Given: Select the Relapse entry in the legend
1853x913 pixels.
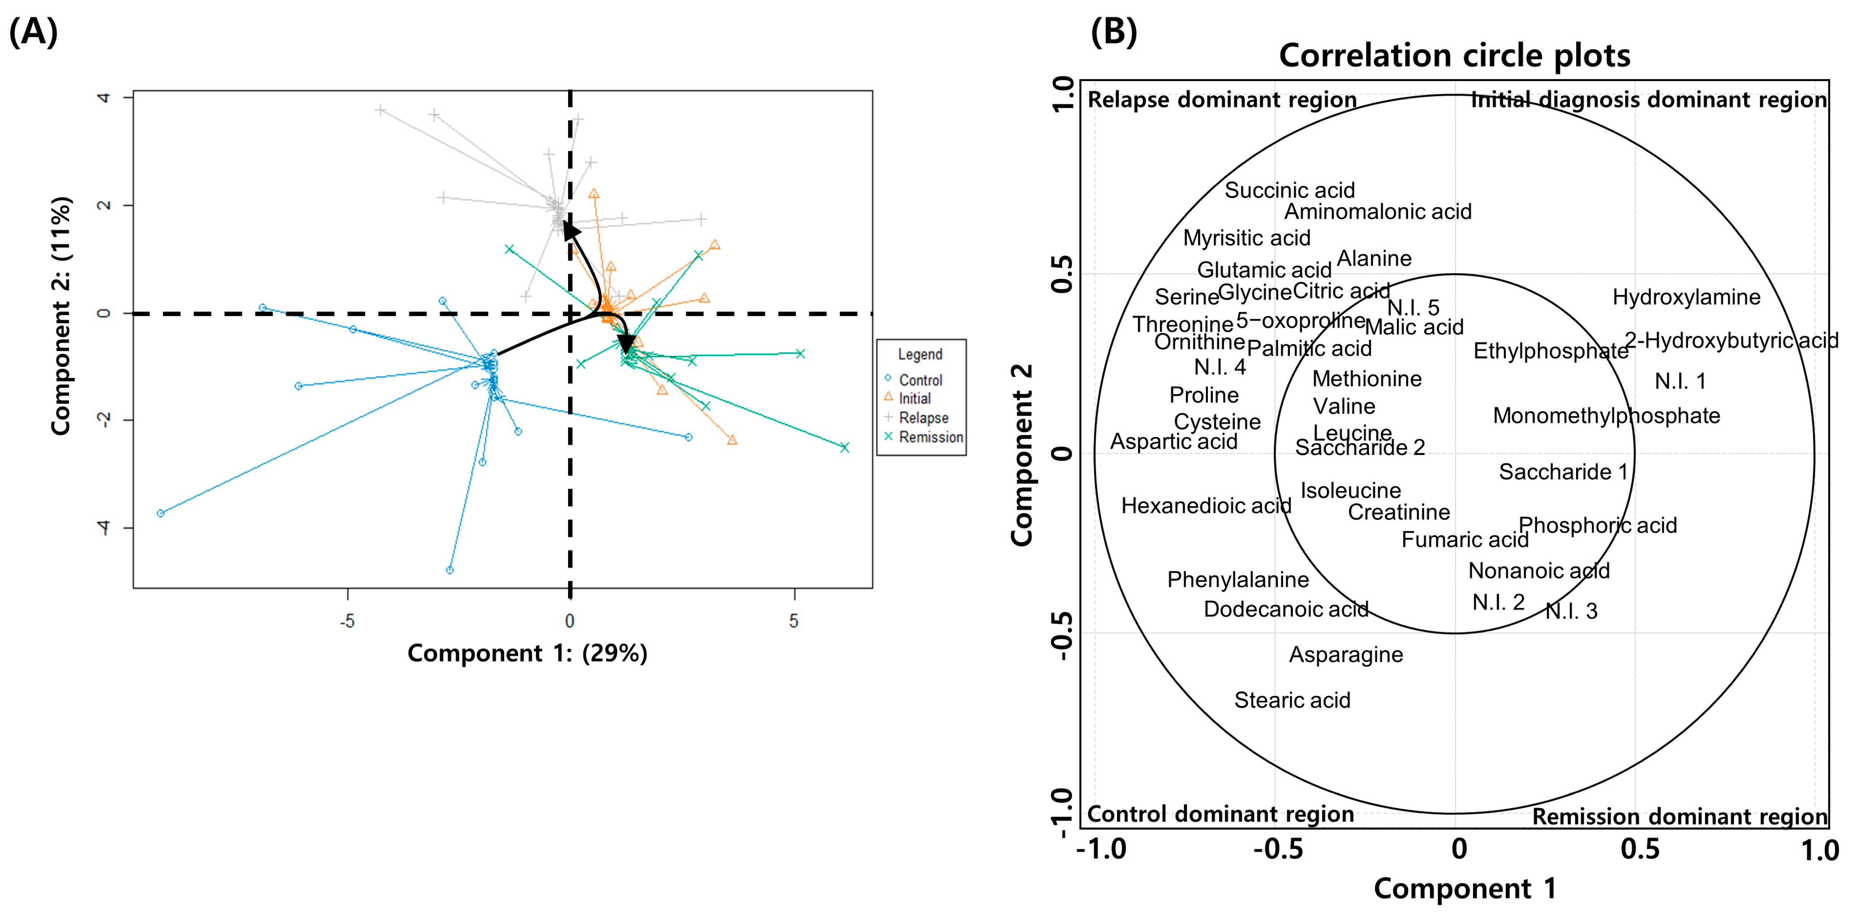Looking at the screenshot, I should tap(923, 418).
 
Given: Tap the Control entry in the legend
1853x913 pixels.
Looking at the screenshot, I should tap(920, 380).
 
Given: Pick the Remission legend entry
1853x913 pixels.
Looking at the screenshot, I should tap(930, 437).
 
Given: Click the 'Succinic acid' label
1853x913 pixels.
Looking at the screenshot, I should tap(1289, 190).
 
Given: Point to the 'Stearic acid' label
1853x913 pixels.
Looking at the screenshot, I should tap(1292, 700).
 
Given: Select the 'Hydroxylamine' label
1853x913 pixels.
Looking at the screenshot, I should tap(1685, 297).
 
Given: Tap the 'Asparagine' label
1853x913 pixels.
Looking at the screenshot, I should tap(1345, 655).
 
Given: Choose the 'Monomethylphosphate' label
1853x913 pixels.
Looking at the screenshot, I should tap(1606, 416).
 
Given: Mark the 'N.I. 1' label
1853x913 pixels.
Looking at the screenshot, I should tap(1680, 381).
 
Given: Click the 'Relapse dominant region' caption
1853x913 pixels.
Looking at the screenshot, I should tap(1221, 100).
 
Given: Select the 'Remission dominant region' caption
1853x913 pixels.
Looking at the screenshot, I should tap(1679, 817).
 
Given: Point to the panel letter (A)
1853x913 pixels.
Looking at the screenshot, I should tap(33, 32).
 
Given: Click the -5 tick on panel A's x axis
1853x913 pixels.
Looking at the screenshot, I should tap(348, 621).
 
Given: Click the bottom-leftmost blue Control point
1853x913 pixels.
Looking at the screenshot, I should tap(160, 513).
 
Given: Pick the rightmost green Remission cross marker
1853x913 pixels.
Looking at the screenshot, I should tap(845, 447).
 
